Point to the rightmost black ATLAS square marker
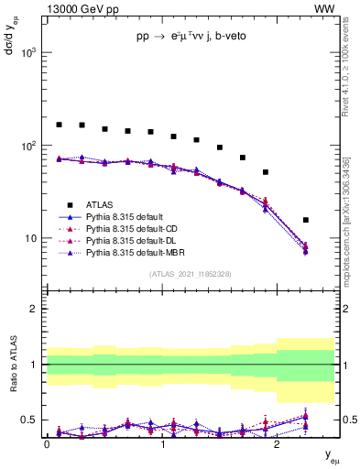[305, 220]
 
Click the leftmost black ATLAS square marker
[60, 125]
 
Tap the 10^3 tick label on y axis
[27, 53]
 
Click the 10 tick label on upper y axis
[30, 239]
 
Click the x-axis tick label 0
[47, 443]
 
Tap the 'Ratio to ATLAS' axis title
[12, 364]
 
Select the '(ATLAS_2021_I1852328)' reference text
[191, 274]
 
